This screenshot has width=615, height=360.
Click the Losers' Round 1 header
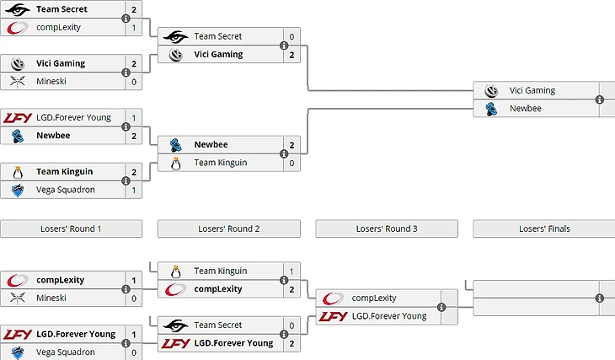71,228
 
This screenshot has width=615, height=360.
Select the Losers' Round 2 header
228,228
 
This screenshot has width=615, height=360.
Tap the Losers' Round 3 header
387,228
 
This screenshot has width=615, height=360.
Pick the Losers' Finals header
543,228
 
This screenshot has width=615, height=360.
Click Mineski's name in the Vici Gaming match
51,82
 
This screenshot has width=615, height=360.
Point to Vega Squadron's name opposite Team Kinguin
67,190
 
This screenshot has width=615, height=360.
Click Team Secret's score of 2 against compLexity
134,9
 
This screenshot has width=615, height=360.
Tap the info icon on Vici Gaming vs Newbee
600,99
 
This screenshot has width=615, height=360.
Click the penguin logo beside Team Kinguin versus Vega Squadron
18,171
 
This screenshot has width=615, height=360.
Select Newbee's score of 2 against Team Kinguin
291,145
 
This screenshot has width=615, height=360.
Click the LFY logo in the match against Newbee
18,118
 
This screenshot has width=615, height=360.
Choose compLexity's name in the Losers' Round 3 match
374,298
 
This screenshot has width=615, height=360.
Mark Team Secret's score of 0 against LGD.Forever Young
291,325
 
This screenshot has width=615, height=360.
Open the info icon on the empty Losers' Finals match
600,298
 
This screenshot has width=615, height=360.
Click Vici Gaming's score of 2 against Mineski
134,63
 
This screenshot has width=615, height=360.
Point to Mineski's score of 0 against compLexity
134,298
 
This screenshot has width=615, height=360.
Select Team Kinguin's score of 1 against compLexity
291,271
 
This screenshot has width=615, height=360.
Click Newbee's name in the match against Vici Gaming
525,109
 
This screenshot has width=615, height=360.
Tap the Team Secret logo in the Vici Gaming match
176,37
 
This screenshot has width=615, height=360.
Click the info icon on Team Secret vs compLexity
126,19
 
